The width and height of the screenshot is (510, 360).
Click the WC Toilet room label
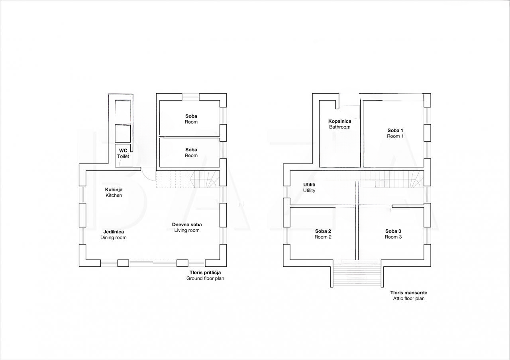pos(123,154)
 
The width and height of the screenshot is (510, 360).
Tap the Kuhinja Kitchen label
pos(114,192)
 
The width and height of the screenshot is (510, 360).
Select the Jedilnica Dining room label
pos(114,235)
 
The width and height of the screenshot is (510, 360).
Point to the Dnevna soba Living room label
pos(187,227)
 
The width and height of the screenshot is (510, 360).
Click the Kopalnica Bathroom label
pos(339,124)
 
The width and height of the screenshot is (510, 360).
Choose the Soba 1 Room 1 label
pos(395,133)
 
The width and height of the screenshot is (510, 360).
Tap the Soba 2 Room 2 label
pos(323,234)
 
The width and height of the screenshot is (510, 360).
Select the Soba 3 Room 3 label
pos(393,234)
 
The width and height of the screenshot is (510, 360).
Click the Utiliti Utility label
pos(309,188)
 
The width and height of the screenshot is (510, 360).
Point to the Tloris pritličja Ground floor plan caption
pos(205,275)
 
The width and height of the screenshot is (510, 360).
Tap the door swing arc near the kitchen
pos(149,174)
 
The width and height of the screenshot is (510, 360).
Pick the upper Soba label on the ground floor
pos(191,119)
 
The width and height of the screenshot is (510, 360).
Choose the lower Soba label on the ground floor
pos(191,153)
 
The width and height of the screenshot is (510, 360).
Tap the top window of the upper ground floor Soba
pos(190,96)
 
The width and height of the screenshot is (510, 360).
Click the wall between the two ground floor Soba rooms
pos(190,137)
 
